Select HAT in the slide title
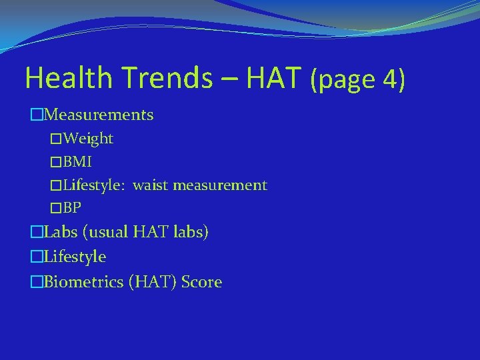pos(274,78)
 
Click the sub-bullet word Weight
pos(89,139)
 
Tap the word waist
pos(151,185)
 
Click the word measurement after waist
pos(220,185)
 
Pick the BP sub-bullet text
pos(73,209)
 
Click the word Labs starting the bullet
pos(60,233)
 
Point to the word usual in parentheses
pos(107,233)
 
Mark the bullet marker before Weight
pos(56,139)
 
